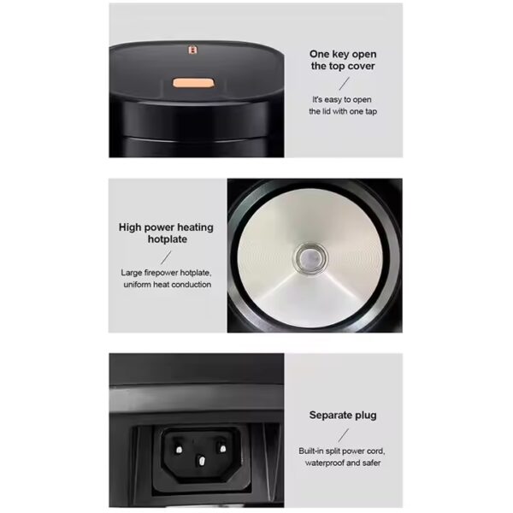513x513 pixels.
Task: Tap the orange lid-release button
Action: tap(194, 83)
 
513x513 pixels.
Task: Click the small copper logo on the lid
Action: tap(192, 50)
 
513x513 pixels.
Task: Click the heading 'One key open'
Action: tap(343, 55)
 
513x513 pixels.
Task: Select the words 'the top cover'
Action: tap(343, 66)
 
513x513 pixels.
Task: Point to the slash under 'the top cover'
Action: tap(345, 84)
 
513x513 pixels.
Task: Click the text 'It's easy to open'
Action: tap(342, 99)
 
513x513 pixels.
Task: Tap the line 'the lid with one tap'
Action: tap(343, 111)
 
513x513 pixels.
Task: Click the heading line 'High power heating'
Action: tap(166, 227)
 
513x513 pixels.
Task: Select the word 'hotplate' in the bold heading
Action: tap(168, 239)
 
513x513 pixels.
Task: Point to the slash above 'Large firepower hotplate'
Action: tap(166, 257)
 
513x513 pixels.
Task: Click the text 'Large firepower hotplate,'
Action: tap(166, 273)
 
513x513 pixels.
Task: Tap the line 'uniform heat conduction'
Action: tap(168, 285)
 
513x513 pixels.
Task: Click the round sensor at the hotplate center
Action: tap(311, 258)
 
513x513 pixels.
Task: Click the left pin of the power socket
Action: tap(179, 450)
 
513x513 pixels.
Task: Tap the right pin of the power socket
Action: tap(223, 448)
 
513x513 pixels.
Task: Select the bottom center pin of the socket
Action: tap(201, 462)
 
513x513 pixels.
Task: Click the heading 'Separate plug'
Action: tap(343, 416)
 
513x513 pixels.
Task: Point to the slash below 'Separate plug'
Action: tap(344, 435)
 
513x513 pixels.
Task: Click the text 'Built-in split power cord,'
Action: tap(342, 451)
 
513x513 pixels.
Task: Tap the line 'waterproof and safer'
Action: tap(343, 463)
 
